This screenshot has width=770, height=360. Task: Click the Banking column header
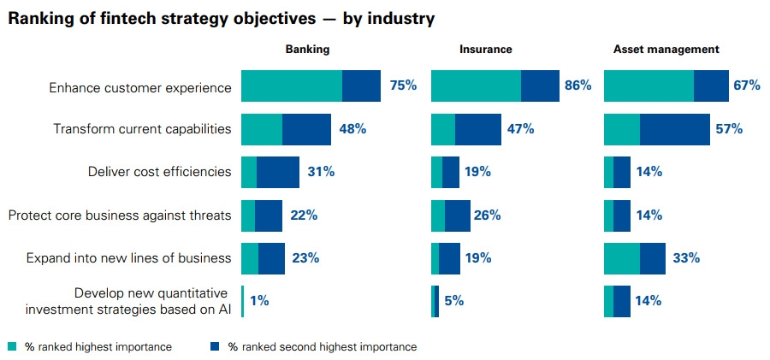coord(307,50)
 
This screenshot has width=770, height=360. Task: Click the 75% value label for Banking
coord(403,86)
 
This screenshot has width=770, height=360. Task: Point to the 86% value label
coord(577,86)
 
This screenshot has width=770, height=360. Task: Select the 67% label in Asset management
coord(746,86)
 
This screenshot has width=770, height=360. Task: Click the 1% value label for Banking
coord(259,300)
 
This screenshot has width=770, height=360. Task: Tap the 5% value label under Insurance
coord(454,300)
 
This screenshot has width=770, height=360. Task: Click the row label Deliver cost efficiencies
coord(159,172)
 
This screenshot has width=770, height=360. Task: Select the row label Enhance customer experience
coord(140,86)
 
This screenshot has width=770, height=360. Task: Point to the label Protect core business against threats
coord(120,215)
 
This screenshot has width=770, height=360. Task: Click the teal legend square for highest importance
coord(12,347)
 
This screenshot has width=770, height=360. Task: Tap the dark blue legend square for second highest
coord(214,347)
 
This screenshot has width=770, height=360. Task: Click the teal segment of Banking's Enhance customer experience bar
coord(291,86)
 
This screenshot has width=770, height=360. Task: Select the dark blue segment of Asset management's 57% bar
coord(674,129)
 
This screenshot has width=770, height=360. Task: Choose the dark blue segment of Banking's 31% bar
coord(278,172)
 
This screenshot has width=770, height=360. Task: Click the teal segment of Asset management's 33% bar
coord(621,257)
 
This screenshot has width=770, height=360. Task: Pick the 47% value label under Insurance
coord(519,129)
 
